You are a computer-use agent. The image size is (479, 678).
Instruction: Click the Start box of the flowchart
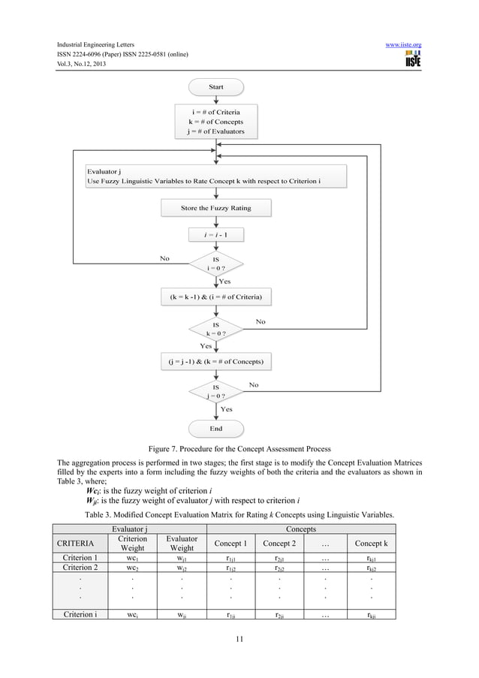point(215,87)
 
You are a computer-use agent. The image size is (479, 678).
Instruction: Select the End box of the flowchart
point(215,429)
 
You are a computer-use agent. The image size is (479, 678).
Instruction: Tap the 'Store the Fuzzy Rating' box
point(215,207)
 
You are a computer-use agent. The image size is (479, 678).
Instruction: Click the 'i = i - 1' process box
point(216,235)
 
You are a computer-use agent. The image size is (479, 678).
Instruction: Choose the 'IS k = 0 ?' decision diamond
point(215,328)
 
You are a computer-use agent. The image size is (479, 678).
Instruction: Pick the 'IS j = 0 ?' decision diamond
point(215,392)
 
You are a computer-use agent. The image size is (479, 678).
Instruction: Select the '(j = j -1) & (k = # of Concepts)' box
point(215,361)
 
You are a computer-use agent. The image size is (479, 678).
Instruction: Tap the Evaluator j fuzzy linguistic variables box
point(215,176)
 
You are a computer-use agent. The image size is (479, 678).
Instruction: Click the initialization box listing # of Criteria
point(215,122)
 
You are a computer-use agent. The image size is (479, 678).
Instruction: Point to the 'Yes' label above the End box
point(226,409)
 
